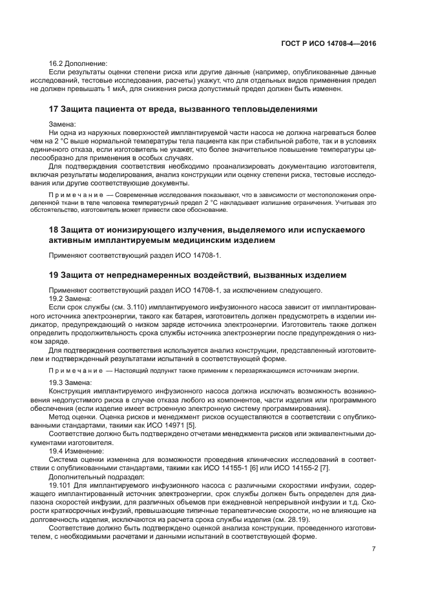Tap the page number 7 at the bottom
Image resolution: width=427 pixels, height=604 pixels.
(373, 549)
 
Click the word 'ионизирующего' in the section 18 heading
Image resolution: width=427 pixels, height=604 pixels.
(135, 229)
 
